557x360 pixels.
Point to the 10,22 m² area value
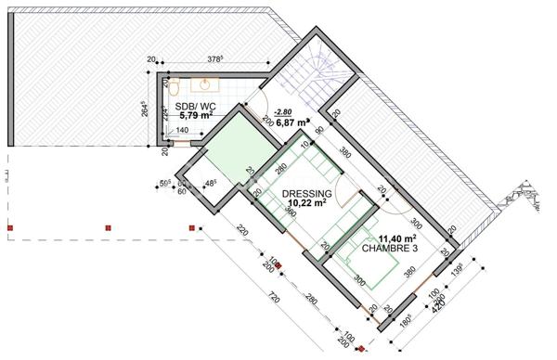(x=305, y=203)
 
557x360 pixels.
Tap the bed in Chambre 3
(x=371, y=269)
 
